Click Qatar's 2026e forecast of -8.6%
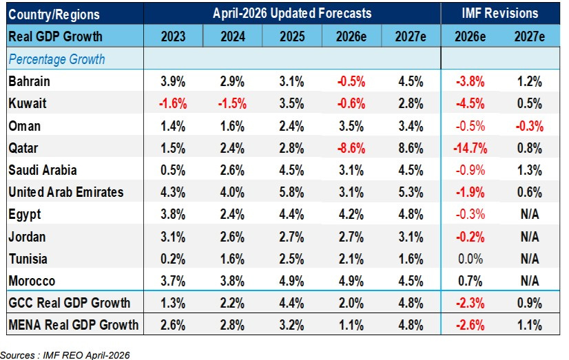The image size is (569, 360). click(x=351, y=148)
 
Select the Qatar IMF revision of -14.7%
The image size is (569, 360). click(x=470, y=148)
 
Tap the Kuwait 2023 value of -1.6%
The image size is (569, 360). click(x=173, y=104)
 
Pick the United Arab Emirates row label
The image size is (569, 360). click(x=66, y=192)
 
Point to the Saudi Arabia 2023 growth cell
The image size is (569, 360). click(x=173, y=171)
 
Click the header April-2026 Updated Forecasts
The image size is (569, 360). click(x=292, y=13)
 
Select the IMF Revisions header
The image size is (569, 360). click(x=500, y=13)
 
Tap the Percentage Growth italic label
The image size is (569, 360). click(x=56, y=59)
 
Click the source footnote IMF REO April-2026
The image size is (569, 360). click(x=86, y=355)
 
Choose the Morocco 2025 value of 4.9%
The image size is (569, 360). click(x=292, y=282)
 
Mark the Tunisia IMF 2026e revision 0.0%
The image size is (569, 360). click(x=470, y=260)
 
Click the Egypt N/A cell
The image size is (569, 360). click(x=530, y=215)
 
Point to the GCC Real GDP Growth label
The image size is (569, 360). click(x=70, y=303)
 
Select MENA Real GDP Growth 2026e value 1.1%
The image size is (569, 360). click(x=351, y=325)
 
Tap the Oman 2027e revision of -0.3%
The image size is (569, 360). click(x=530, y=126)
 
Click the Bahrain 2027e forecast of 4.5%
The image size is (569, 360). click(x=411, y=82)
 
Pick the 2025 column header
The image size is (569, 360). click(x=292, y=36)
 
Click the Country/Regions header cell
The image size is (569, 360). click(x=54, y=14)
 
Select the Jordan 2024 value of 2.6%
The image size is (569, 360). click(x=232, y=237)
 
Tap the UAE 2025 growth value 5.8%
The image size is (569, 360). click(x=292, y=192)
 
